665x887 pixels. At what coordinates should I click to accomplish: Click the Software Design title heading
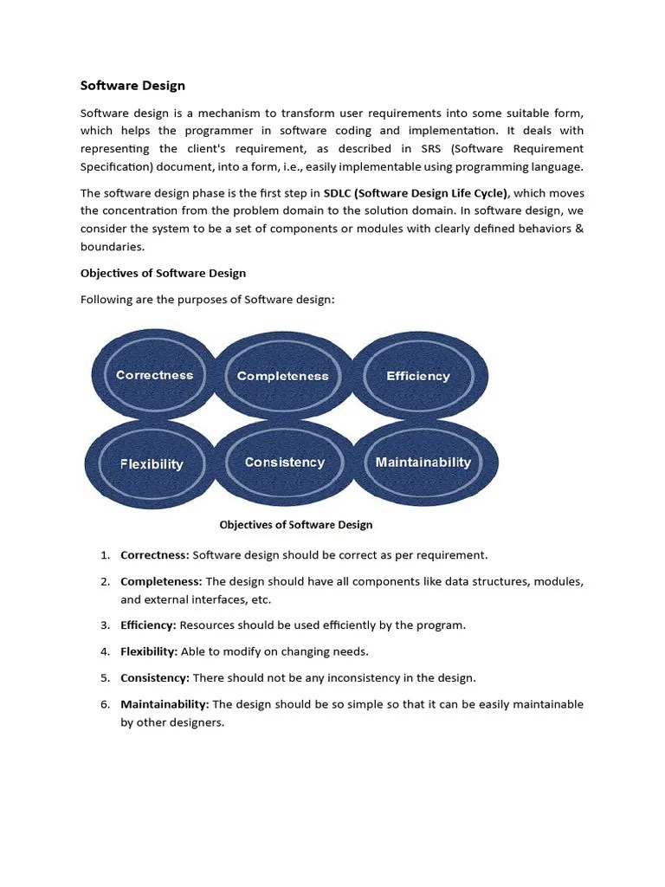pyautogui.click(x=132, y=86)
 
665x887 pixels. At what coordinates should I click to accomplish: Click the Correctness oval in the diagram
pyautogui.click(x=154, y=375)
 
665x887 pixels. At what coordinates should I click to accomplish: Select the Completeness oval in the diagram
pyautogui.click(x=282, y=376)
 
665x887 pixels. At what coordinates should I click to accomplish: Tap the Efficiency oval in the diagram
pyautogui.click(x=418, y=376)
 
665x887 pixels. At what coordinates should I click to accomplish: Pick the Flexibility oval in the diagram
pyautogui.click(x=152, y=463)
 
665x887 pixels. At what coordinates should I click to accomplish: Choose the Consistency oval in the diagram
pyautogui.click(x=284, y=463)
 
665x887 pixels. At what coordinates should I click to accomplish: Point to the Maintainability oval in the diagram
pyautogui.click(x=423, y=463)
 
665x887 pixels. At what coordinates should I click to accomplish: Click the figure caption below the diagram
pyautogui.click(x=295, y=525)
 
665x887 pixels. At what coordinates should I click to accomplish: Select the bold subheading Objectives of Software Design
pyautogui.click(x=163, y=273)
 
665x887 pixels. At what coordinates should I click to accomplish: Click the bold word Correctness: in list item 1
pyautogui.click(x=154, y=554)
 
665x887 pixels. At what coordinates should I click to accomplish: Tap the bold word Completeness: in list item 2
pyautogui.click(x=161, y=581)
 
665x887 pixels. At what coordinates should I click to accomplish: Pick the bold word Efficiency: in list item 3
pyautogui.click(x=148, y=625)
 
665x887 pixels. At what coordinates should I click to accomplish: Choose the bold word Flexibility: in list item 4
pyautogui.click(x=149, y=651)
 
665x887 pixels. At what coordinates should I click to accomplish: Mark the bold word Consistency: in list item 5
pyautogui.click(x=155, y=677)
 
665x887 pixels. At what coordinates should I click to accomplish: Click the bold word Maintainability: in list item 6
pyautogui.click(x=165, y=704)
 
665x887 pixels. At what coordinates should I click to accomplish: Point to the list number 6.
pyautogui.click(x=104, y=704)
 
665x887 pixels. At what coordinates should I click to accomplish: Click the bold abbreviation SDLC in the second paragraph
pyautogui.click(x=337, y=192)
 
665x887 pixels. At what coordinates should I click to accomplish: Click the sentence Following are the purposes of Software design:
pyautogui.click(x=207, y=300)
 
